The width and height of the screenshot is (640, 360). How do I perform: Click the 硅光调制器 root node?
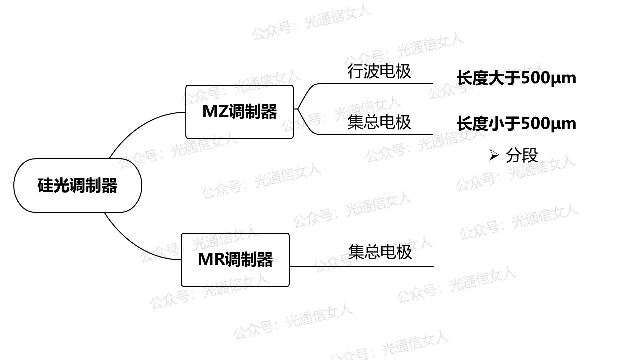tap(77, 185)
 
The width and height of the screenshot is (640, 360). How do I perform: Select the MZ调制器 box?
tap(239, 111)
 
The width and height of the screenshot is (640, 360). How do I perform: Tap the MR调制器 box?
tap(235, 260)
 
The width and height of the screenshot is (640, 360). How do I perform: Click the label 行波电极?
tap(379, 71)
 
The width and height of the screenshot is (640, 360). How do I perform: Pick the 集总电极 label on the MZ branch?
tap(379, 122)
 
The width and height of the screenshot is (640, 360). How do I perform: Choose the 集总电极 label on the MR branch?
tap(380, 251)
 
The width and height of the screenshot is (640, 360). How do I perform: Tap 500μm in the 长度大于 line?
tap(548, 78)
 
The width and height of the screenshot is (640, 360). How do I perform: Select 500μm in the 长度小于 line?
tap(548, 124)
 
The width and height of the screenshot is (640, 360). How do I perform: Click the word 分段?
tap(522, 156)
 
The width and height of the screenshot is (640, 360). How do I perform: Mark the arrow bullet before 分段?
tap(494, 156)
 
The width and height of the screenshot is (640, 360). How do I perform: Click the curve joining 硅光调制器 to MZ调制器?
tap(135, 127)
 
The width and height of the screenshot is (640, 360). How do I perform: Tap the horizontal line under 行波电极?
tap(380, 83)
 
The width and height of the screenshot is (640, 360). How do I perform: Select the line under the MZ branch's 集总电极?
tap(380, 134)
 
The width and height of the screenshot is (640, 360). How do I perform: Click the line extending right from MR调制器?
tap(360, 266)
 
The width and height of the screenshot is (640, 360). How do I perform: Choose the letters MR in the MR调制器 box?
tap(208, 260)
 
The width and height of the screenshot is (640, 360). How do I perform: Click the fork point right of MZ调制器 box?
tap(298, 109)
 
